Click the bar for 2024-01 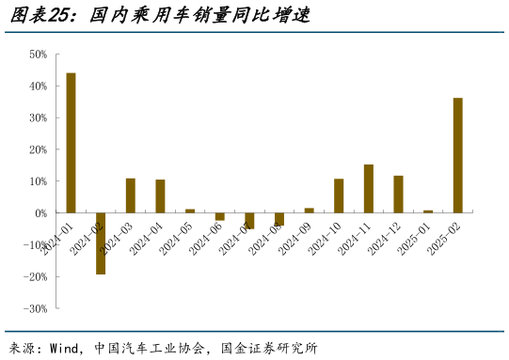tap(71, 143)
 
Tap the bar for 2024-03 tap(131, 196)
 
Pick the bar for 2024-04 tap(160, 196)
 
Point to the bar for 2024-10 tap(339, 196)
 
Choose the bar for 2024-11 tap(369, 189)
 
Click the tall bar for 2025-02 tap(457, 155)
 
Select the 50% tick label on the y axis tap(39, 55)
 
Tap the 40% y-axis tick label tap(39, 86)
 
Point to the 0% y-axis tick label tap(41, 213)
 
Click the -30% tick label tap(37, 308)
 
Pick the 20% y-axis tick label tap(39, 149)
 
